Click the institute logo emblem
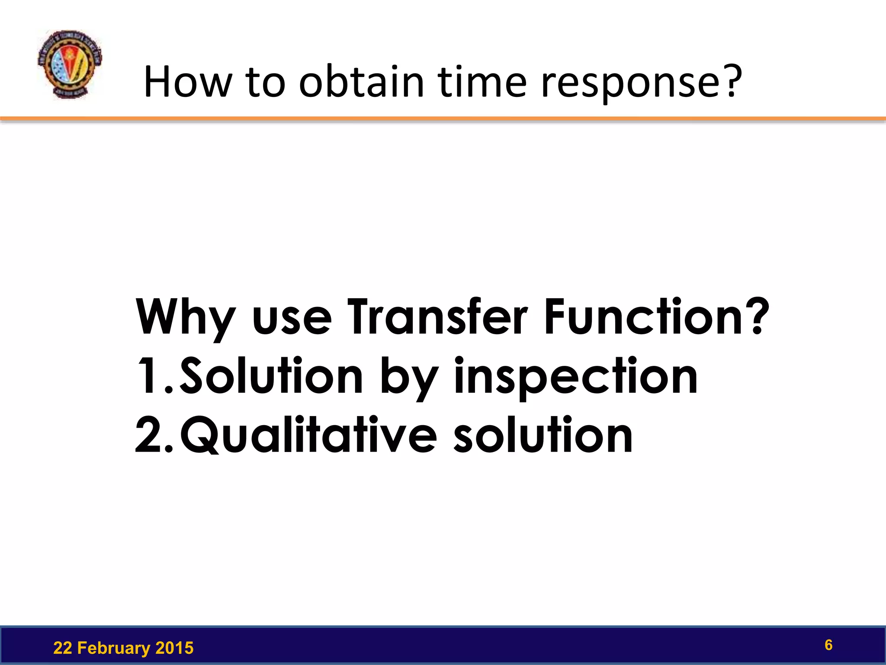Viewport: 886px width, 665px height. pyautogui.click(x=69, y=65)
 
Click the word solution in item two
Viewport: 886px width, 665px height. pyautogui.click(x=543, y=434)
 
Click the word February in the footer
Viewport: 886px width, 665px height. pyautogui.click(x=114, y=648)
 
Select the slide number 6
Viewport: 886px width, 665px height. pyautogui.click(x=828, y=645)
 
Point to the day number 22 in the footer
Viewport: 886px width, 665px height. pyautogui.click(x=62, y=648)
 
